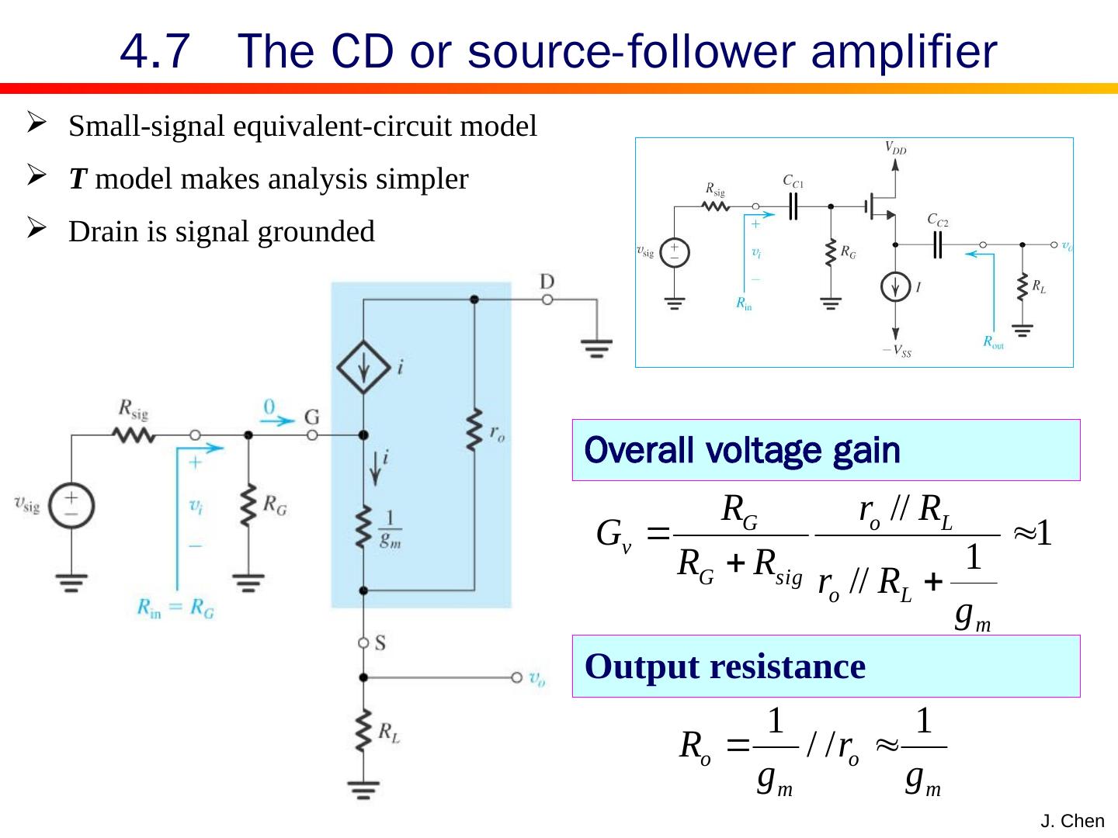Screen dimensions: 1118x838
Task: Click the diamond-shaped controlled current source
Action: pos(363,367)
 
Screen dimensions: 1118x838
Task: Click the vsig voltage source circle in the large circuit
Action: pos(71,506)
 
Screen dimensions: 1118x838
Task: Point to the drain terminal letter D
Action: pos(547,281)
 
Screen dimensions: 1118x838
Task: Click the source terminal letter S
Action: pos(380,642)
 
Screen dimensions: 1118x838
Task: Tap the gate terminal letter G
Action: pos(311,417)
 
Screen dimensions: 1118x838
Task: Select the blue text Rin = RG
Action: pos(175,608)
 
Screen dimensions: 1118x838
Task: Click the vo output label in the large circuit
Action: pos(537,678)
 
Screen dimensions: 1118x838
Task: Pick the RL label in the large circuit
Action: pos(389,732)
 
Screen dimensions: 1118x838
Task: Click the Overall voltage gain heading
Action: pos(742,450)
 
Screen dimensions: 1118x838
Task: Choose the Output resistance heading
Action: pos(725,667)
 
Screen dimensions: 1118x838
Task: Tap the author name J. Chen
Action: pos(1072,821)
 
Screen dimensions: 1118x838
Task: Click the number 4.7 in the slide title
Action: pos(155,53)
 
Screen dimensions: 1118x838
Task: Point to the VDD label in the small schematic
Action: pos(895,148)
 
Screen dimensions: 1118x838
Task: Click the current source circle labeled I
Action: pos(896,287)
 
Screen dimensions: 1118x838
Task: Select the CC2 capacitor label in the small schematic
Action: pos(938,220)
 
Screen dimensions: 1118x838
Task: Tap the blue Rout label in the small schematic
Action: pos(993,341)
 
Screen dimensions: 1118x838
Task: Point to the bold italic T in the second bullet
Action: pos(77,180)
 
